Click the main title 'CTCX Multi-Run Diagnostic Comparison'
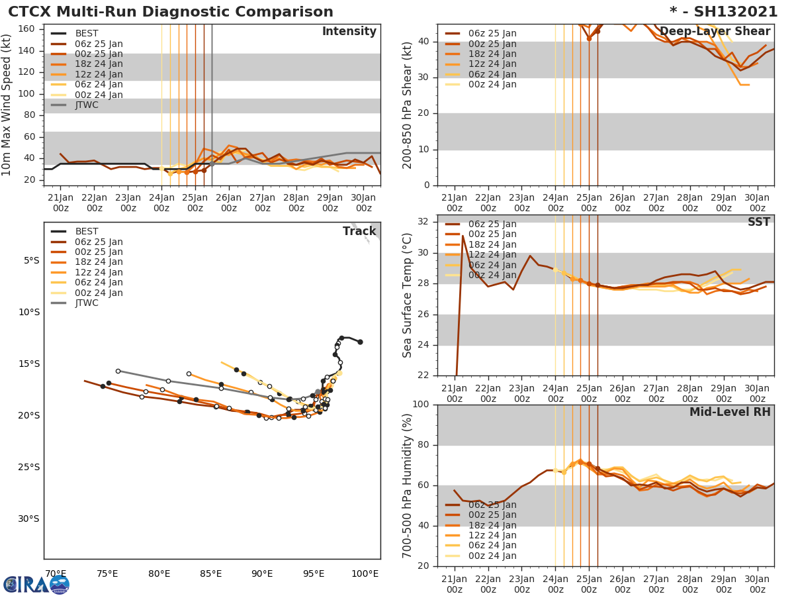[x=171, y=12]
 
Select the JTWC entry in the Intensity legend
[x=87, y=105]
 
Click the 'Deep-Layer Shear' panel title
[x=715, y=32]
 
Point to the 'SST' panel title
[x=758, y=222]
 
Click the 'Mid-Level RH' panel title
[x=729, y=412]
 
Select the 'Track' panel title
[x=359, y=231]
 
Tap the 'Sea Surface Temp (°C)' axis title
[x=407, y=295]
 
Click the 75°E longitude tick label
[x=107, y=573]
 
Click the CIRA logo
[x=36, y=584]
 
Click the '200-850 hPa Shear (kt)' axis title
[x=408, y=105]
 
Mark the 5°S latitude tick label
[x=32, y=260]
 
